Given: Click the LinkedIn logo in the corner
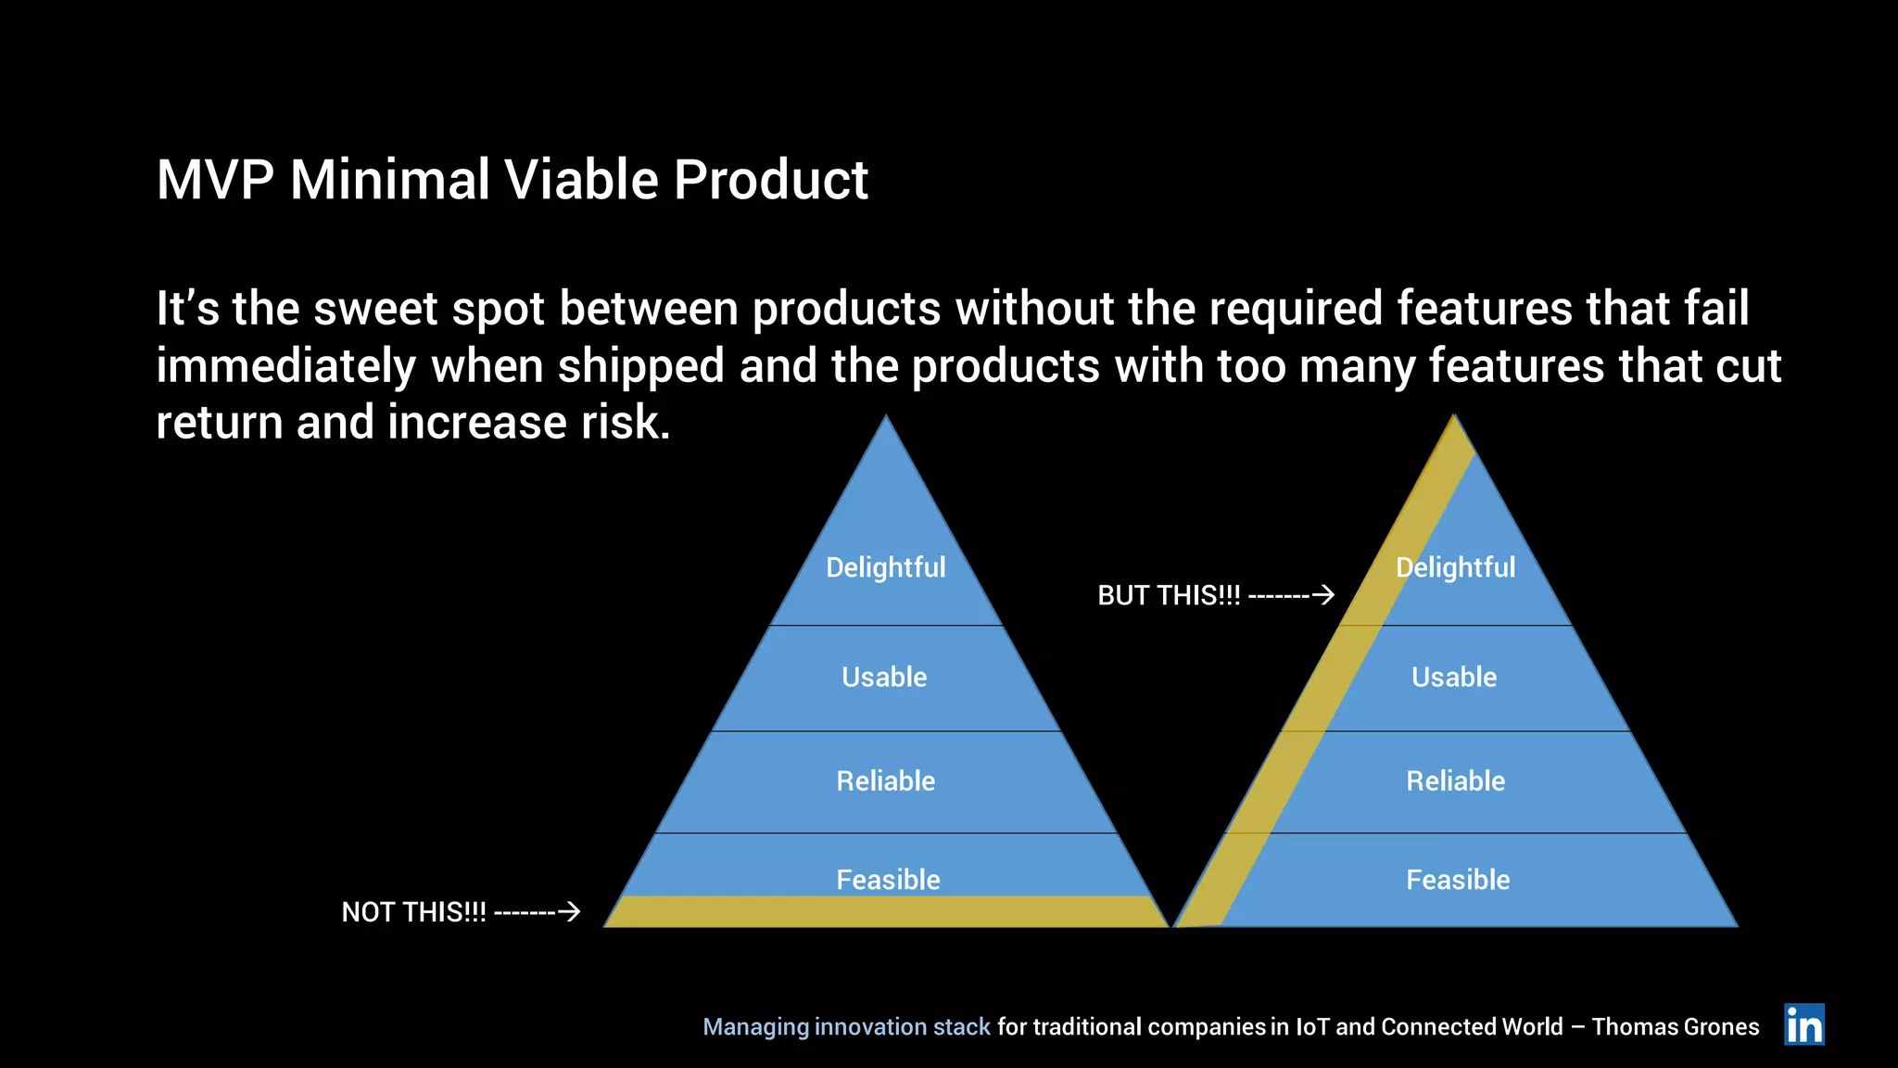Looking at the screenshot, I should [1803, 1024].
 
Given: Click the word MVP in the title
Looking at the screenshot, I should [215, 179].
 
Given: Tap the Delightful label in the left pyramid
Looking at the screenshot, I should [885, 567].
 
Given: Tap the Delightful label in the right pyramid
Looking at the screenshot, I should [1455, 567].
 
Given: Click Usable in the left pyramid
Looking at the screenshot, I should [884, 677].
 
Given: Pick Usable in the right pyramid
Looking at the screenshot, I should [1454, 677].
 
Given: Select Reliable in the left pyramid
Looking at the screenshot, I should [885, 781].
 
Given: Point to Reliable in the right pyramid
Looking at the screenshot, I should [1455, 781].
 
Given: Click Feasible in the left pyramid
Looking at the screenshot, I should [888, 879].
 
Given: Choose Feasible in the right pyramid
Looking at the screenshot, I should [1458, 879].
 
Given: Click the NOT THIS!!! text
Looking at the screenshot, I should [413, 912].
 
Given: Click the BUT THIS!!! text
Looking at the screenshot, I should [1169, 595].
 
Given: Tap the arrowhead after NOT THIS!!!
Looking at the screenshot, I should [572, 911].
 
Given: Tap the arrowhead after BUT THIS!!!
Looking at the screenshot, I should [1326, 594].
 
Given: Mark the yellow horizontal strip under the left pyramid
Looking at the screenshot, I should [885, 911].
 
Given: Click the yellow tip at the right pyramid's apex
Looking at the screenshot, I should [1455, 436].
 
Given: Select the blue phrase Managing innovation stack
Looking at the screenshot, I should [846, 1027].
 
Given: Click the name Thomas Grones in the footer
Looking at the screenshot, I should [1675, 1027].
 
